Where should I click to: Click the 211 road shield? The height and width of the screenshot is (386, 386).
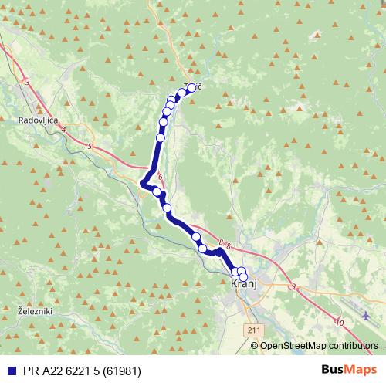point(254,330)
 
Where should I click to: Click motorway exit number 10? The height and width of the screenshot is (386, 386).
point(340,322)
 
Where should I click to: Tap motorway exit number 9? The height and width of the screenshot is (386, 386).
point(293,286)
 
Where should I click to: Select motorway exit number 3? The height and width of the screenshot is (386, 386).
point(27,82)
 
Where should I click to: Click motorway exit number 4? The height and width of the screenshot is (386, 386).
point(63,130)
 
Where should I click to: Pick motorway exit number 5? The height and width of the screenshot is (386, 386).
point(90,146)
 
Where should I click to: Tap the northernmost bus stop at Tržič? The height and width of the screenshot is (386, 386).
point(191,87)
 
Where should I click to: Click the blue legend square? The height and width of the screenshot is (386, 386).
point(8,371)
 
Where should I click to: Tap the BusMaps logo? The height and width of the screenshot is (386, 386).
point(348,370)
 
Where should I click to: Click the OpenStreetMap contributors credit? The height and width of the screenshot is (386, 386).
point(320,346)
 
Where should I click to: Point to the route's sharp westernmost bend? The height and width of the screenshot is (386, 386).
point(143,183)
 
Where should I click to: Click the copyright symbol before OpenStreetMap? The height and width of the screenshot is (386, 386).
point(256,346)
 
